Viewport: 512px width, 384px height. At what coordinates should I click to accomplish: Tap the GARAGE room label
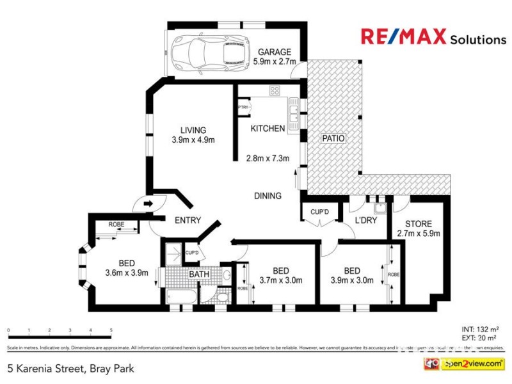click(x=275, y=52)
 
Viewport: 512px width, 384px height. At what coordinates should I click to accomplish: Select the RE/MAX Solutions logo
click(x=433, y=37)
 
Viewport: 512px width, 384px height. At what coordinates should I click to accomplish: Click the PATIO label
click(x=333, y=138)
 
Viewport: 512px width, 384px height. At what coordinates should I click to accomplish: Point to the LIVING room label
click(x=193, y=131)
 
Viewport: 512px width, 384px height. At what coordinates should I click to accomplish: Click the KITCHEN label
click(x=268, y=129)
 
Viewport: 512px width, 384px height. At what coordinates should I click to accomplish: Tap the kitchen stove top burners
click(x=275, y=90)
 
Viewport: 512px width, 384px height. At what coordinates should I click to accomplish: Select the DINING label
click(x=268, y=196)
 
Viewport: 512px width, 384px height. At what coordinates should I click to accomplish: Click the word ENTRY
click(x=188, y=220)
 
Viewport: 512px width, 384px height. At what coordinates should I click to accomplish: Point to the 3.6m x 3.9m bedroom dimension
click(x=126, y=272)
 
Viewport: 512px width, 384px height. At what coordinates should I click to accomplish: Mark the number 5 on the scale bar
click(x=111, y=331)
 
